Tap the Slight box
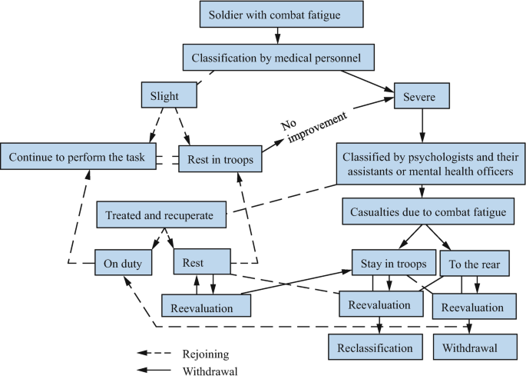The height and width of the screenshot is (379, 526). coord(169,95)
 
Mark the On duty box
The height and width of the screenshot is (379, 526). coord(124,263)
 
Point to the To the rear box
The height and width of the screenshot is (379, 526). coord(475,264)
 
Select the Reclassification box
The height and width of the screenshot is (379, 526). coord(375,347)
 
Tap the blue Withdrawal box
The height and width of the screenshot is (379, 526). coord(469,347)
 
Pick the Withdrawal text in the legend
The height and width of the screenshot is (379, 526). coord(210,371)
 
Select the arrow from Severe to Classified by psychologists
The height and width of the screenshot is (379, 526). coord(422,125)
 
